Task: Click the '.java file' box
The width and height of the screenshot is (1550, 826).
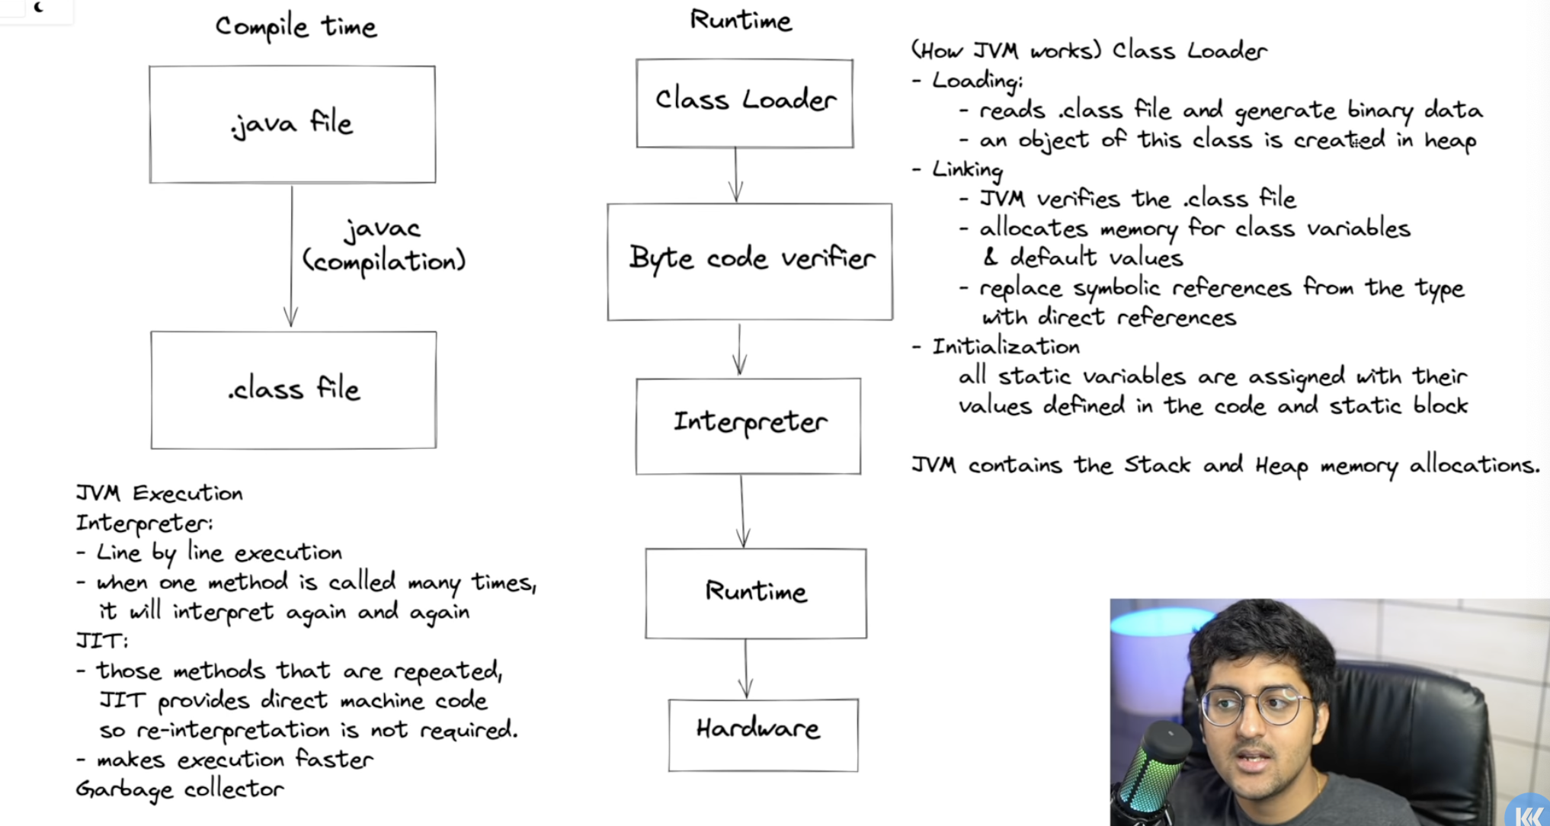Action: (293, 124)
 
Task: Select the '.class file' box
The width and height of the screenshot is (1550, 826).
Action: (293, 390)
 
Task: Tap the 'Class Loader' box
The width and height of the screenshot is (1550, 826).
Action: (745, 103)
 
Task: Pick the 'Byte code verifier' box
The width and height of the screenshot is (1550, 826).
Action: (750, 261)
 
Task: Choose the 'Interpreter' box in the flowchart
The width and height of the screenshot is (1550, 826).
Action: (748, 425)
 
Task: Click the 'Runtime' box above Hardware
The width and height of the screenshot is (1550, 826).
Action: (755, 593)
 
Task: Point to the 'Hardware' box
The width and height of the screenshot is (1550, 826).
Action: (763, 735)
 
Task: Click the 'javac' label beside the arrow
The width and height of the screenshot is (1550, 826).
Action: (383, 229)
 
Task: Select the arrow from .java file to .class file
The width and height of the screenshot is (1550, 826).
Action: (291, 256)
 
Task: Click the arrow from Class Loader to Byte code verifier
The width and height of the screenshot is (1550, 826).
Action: (735, 175)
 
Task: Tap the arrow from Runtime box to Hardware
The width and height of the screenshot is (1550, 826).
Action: (745, 668)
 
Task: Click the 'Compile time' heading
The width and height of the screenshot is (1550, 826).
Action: (296, 27)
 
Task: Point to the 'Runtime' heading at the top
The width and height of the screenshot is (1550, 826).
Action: (741, 20)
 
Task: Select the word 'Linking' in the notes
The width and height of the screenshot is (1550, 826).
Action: (967, 169)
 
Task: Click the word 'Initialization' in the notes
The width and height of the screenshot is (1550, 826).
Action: (1006, 347)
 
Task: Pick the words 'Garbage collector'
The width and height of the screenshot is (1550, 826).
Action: (180, 789)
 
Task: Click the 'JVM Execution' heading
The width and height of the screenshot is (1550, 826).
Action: (159, 494)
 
